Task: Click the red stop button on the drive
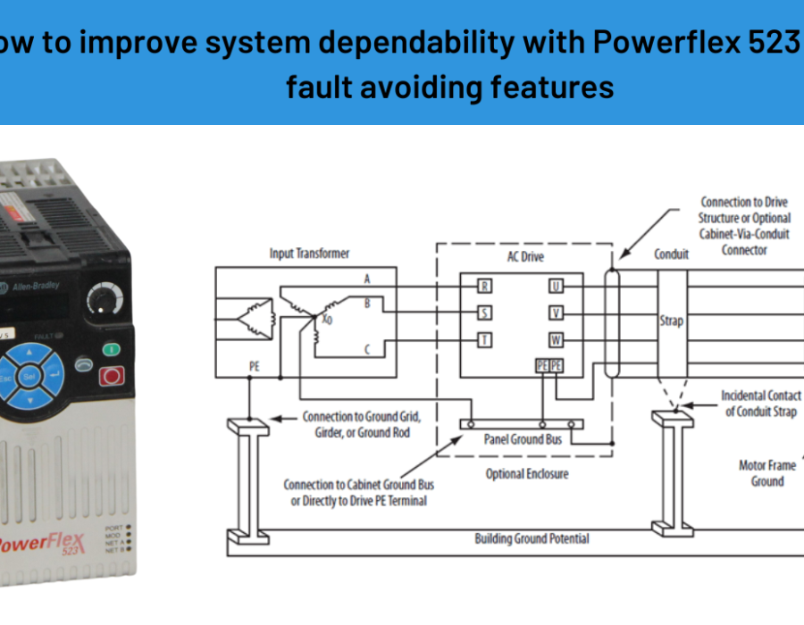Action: (112, 375)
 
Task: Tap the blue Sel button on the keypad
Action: (30, 377)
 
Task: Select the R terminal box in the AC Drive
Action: (484, 287)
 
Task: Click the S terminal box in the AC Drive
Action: (484, 312)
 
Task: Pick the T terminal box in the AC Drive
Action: (484, 339)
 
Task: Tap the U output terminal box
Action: (556, 287)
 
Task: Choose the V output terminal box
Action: (556, 312)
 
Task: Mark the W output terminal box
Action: (556, 339)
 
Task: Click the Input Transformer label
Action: (309, 254)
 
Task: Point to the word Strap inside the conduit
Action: (672, 320)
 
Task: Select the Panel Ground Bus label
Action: (523, 439)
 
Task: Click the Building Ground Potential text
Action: (532, 538)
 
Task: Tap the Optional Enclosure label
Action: (526, 474)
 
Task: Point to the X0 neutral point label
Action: (328, 319)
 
